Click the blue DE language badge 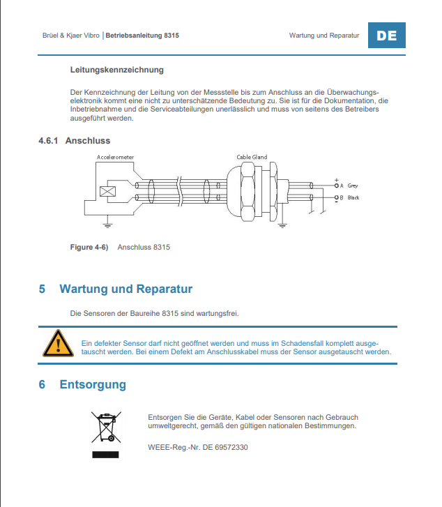tap(386, 35)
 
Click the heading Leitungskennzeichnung tap(117, 70)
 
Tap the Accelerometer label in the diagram tap(116, 158)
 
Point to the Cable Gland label tap(252, 157)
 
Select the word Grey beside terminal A tap(353, 186)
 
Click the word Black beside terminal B tap(353, 198)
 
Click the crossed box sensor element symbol tap(107, 192)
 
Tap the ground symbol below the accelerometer tap(107, 225)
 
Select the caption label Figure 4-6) tap(89, 247)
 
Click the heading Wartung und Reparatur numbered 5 tap(125, 289)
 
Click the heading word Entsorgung tap(93, 384)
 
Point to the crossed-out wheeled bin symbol tap(106, 427)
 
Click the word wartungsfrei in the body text tap(217, 313)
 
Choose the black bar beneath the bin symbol tap(106, 455)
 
